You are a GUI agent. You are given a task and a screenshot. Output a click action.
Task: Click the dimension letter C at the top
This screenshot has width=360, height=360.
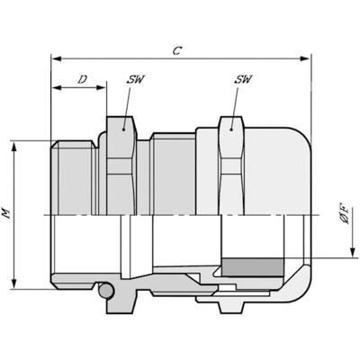177,50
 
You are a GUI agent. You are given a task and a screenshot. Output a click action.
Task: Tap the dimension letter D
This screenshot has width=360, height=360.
83,79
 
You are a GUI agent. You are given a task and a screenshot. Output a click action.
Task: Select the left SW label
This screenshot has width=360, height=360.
135,79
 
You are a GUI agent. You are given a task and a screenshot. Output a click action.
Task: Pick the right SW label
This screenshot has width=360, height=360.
243,79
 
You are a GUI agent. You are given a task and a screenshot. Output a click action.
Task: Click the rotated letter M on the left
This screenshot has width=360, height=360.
6,213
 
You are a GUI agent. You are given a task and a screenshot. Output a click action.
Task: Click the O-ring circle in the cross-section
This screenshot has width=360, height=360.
106,291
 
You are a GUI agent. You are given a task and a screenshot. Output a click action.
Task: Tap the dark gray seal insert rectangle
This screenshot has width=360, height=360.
253,267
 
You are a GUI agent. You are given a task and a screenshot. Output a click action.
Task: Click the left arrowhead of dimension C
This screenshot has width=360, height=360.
57,58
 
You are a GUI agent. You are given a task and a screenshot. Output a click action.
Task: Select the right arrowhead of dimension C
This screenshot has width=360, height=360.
305,58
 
